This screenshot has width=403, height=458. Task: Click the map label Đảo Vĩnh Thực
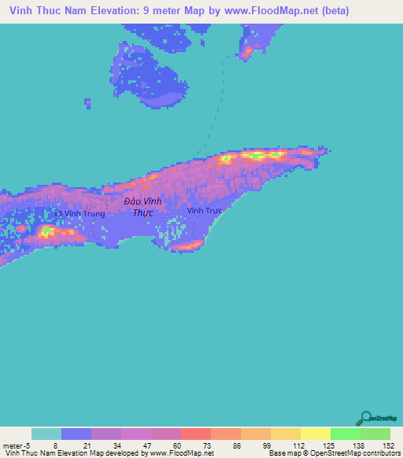143,207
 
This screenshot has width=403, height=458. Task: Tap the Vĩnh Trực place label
205,211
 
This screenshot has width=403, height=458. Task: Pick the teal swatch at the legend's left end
46,434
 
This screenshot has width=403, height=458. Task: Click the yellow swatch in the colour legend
315,434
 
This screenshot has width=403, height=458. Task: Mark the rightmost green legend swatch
375,434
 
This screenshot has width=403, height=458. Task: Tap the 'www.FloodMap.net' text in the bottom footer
176,453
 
